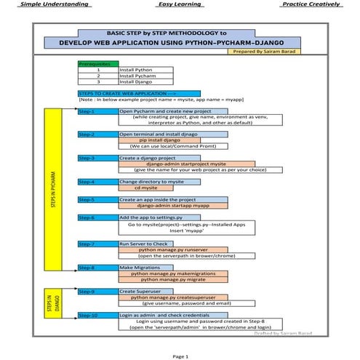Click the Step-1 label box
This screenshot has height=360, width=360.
(97, 111)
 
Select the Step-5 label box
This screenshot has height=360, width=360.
(97, 199)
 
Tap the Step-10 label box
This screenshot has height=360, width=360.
(97, 315)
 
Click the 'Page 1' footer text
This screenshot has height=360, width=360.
(180, 356)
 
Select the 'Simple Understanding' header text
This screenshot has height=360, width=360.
(49, 4)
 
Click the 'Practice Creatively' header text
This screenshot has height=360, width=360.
(311, 4)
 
